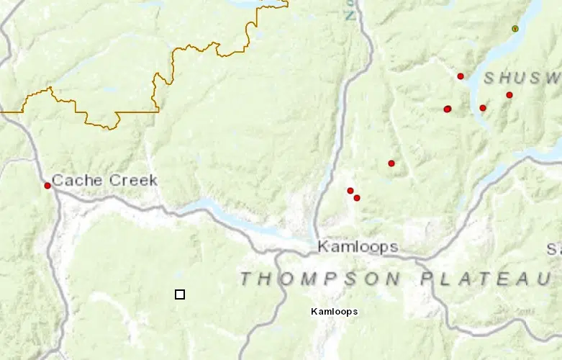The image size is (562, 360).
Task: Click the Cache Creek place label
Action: coord(104,180)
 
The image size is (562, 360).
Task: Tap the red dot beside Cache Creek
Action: coord(47,186)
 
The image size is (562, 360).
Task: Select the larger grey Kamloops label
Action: coord(358,247)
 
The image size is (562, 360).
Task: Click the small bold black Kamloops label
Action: coord(334,312)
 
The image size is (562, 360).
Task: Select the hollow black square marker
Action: coord(180,294)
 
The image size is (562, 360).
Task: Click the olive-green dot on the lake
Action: coord(515,29)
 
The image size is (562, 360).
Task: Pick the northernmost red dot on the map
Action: coord(461,76)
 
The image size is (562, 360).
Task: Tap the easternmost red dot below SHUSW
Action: coord(509,95)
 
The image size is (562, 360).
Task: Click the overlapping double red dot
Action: coord(448,109)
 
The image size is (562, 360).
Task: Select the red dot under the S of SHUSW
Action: coord(483,108)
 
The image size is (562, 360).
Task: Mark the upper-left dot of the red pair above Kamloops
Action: coord(350,191)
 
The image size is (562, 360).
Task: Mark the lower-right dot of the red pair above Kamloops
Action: coord(357,198)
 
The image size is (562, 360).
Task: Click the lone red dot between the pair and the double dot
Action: coord(391,163)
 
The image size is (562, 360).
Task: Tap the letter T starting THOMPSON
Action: coord(246,279)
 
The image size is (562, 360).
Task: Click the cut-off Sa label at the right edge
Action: coord(553,250)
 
